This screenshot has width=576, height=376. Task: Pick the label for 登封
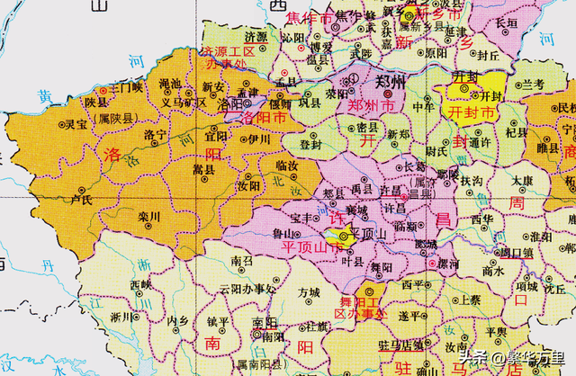tap(310, 143)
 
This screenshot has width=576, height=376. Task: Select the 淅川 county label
tap(121, 317)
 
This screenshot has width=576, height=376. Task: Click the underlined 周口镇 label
tap(516, 253)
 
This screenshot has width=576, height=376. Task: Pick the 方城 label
tap(309, 292)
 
